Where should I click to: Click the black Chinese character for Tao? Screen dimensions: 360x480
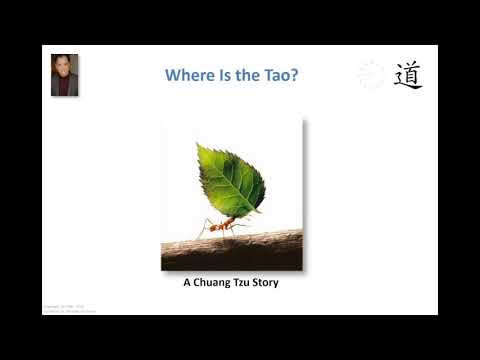(x=407, y=75)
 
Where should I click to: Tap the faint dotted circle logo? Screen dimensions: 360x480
(x=371, y=75)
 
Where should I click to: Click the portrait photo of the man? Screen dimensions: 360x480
(x=65, y=75)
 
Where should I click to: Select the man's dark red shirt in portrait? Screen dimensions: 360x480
(x=65, y=88)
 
